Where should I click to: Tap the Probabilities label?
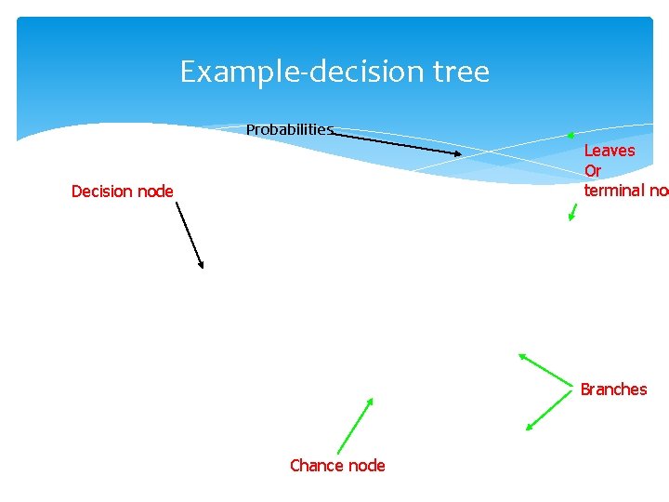pyautogui.click(x=289, y=129)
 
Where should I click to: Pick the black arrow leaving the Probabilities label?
pyautogui.click(x=397, y=144)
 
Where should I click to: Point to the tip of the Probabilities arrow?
pyautogui.click(x=460, y=154)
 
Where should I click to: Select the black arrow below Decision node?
pyautogui.click(x=189, y=236)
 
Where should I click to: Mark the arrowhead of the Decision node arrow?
pyautogui.click(x=202, y=267)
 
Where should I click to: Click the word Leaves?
pyautogui.click(x=610, y=151)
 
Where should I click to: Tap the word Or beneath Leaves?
pyautogui.click(x=593, y=171)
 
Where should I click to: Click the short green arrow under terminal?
pyautogui.click(x=572, y=212)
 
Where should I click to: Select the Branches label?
pyautogui.click(x=613, y=390)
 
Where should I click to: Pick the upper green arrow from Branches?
pyautogui.click(x=545, y=369)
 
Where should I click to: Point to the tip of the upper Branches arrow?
pyautogui.click(x=519, y=354)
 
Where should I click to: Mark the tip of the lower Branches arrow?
pyautogui.click(x=527, y=429)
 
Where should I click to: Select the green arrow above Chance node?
pyautogui.click(x=355, y=426)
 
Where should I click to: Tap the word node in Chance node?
pyautogui.click(x=367, y=466)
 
